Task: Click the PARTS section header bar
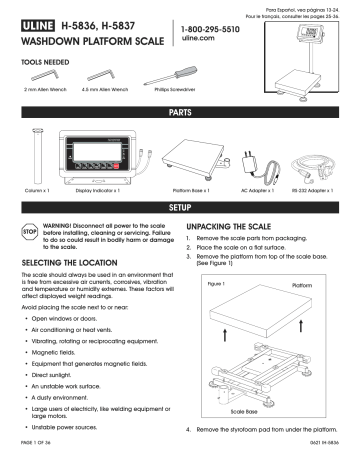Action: (180, 116)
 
